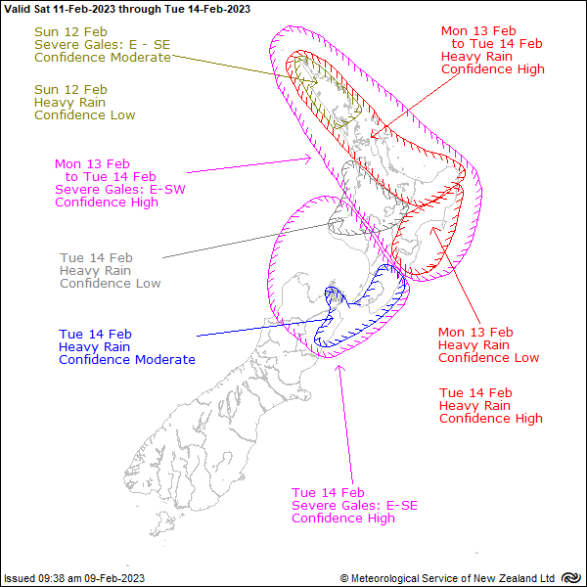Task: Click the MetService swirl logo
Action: point(571,578)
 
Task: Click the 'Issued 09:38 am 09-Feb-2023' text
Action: point(74,578)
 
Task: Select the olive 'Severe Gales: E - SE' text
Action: point(102,45)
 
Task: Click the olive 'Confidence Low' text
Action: point(84,114)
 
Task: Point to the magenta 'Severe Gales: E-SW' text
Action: point(120,189)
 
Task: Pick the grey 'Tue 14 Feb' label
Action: point(96,257)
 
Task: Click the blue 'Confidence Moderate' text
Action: point(127,359)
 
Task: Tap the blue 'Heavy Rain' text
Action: point(94,346)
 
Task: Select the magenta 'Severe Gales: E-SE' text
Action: point(354,505)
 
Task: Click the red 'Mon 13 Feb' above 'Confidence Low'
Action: point(475,332)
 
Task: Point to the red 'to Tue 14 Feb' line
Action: point(497,43)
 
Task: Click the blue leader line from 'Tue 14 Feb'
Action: point(262,328)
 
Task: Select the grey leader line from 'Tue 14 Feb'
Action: point(247,241)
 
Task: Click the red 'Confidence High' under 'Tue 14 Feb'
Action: point(491,418)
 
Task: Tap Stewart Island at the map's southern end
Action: point(162,523)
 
